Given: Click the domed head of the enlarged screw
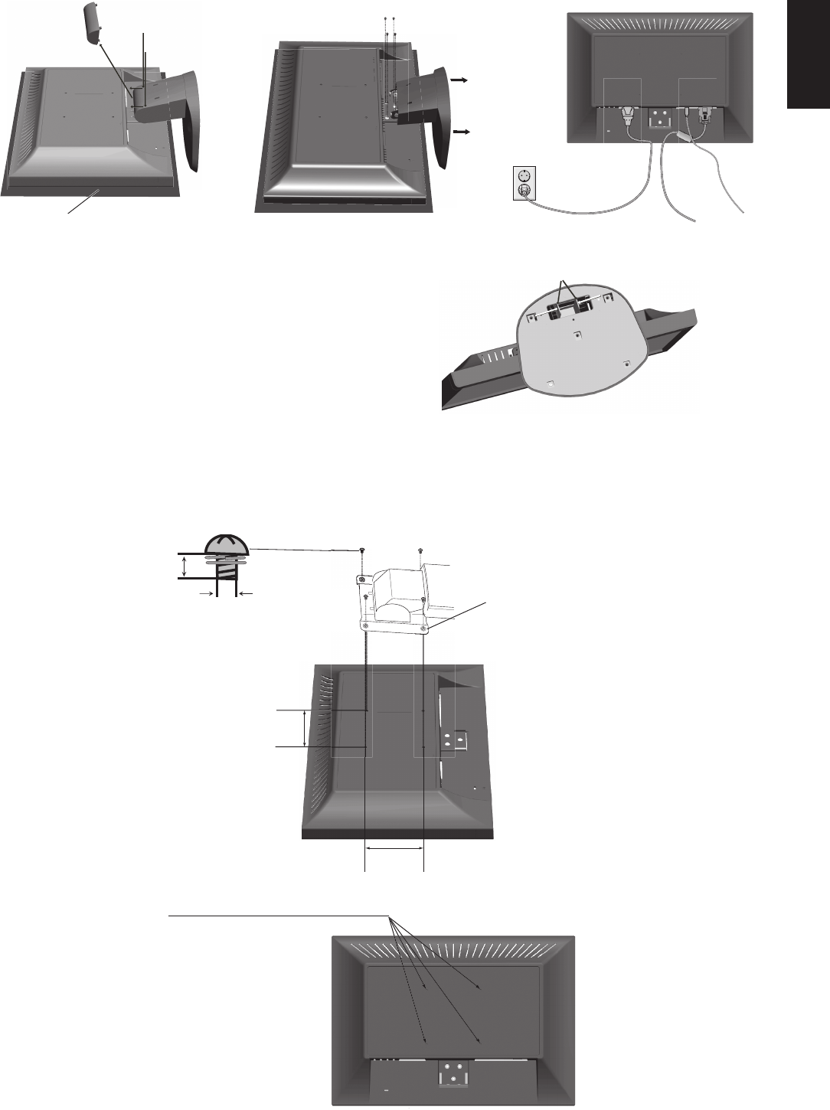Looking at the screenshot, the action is point(227,544).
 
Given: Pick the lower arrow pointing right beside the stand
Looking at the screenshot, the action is point(462,132).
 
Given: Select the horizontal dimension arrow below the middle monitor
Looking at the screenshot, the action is point(394,847).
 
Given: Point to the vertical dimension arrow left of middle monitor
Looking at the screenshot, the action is point(306,728).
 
